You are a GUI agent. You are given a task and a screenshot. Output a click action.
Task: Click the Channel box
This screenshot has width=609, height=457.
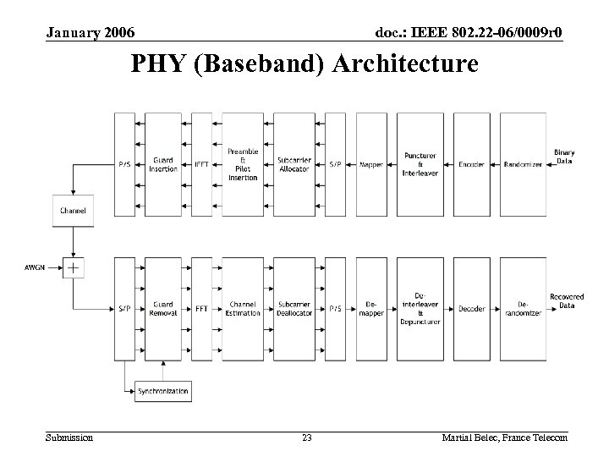pos(74,209)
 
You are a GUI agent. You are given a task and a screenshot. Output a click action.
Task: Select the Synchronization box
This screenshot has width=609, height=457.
pos(163,391)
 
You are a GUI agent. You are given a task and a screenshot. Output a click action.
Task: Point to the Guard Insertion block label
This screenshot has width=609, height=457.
pos(163,164)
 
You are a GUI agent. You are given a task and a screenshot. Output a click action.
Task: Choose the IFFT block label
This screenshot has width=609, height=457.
pos(201,164)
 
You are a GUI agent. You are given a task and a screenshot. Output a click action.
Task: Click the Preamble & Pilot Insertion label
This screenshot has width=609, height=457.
pos(244,164)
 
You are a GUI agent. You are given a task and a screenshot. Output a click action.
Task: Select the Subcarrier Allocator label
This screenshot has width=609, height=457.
pos(294,164)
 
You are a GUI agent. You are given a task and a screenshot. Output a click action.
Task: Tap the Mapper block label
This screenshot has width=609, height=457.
pos(371,164)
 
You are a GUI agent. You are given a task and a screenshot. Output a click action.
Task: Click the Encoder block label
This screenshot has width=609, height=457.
pos(471,164)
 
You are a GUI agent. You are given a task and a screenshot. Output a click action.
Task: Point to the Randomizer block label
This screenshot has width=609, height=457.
pos(522,164)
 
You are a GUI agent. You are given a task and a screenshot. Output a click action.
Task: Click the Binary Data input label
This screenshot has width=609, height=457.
pos(565,157)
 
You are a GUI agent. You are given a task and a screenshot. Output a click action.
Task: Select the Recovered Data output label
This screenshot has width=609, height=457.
pos(567,300)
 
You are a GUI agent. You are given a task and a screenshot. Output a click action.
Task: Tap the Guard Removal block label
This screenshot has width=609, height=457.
pos(163,309)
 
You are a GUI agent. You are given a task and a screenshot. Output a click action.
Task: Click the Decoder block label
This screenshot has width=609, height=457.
pos(471,309)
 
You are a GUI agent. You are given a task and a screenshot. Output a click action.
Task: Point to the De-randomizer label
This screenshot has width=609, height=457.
pos(522,309)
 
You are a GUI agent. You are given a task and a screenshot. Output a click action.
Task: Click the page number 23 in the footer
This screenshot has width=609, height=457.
pos(307,438)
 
